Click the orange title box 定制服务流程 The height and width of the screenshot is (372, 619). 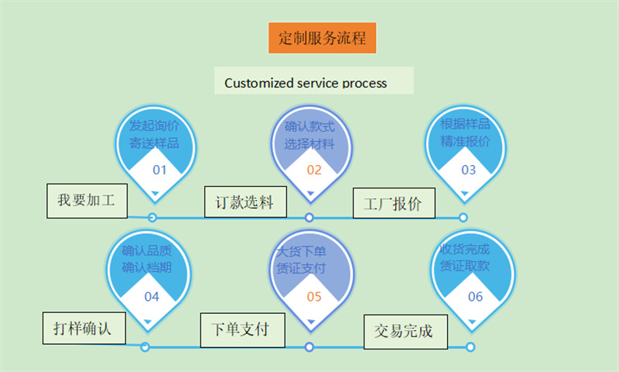coord(321,37)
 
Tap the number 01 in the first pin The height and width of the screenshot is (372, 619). coord(159,170)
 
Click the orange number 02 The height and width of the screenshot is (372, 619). coord(313,170)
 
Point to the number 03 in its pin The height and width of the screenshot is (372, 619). coord(468,170)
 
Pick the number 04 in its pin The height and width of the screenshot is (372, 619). coord(152,296)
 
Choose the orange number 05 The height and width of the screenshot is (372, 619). coord(313,296)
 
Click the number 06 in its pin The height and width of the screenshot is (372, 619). coord(475,296)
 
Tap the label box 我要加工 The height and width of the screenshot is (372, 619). coord(86,200)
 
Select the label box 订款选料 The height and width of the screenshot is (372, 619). coord(245,203)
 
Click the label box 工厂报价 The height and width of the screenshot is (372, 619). coord(393,205)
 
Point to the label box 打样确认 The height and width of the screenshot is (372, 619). coord(77,327)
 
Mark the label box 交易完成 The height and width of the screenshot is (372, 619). coord(403,332)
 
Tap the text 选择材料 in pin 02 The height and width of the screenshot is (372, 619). coord(309,143)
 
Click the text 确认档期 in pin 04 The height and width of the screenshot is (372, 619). coord(147,268)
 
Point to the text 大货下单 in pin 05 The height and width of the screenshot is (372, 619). coord(301,252)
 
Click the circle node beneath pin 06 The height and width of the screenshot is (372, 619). coord(470,347)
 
